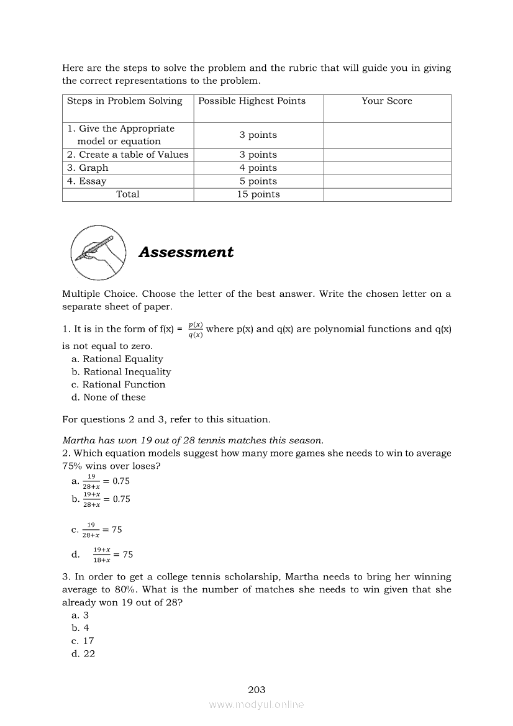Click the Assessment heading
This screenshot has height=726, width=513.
pos(186,252)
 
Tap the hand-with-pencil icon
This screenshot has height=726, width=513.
pos(98,252)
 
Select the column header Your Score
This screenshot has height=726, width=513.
pos(386,101)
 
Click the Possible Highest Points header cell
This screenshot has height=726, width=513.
pos(252,101)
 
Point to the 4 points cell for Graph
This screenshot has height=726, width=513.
pos(258,168)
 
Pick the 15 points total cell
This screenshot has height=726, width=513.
pos(258,194)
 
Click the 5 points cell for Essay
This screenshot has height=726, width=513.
pos(258,181)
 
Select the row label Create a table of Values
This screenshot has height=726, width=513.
pos(127,155)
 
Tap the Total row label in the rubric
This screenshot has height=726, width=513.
pos(127,194)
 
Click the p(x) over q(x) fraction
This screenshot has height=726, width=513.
pos(195,330)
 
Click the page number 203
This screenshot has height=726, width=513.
pos(256,689)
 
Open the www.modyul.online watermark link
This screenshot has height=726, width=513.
pos(256,704)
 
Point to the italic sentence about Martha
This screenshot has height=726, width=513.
pos(193,440)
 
